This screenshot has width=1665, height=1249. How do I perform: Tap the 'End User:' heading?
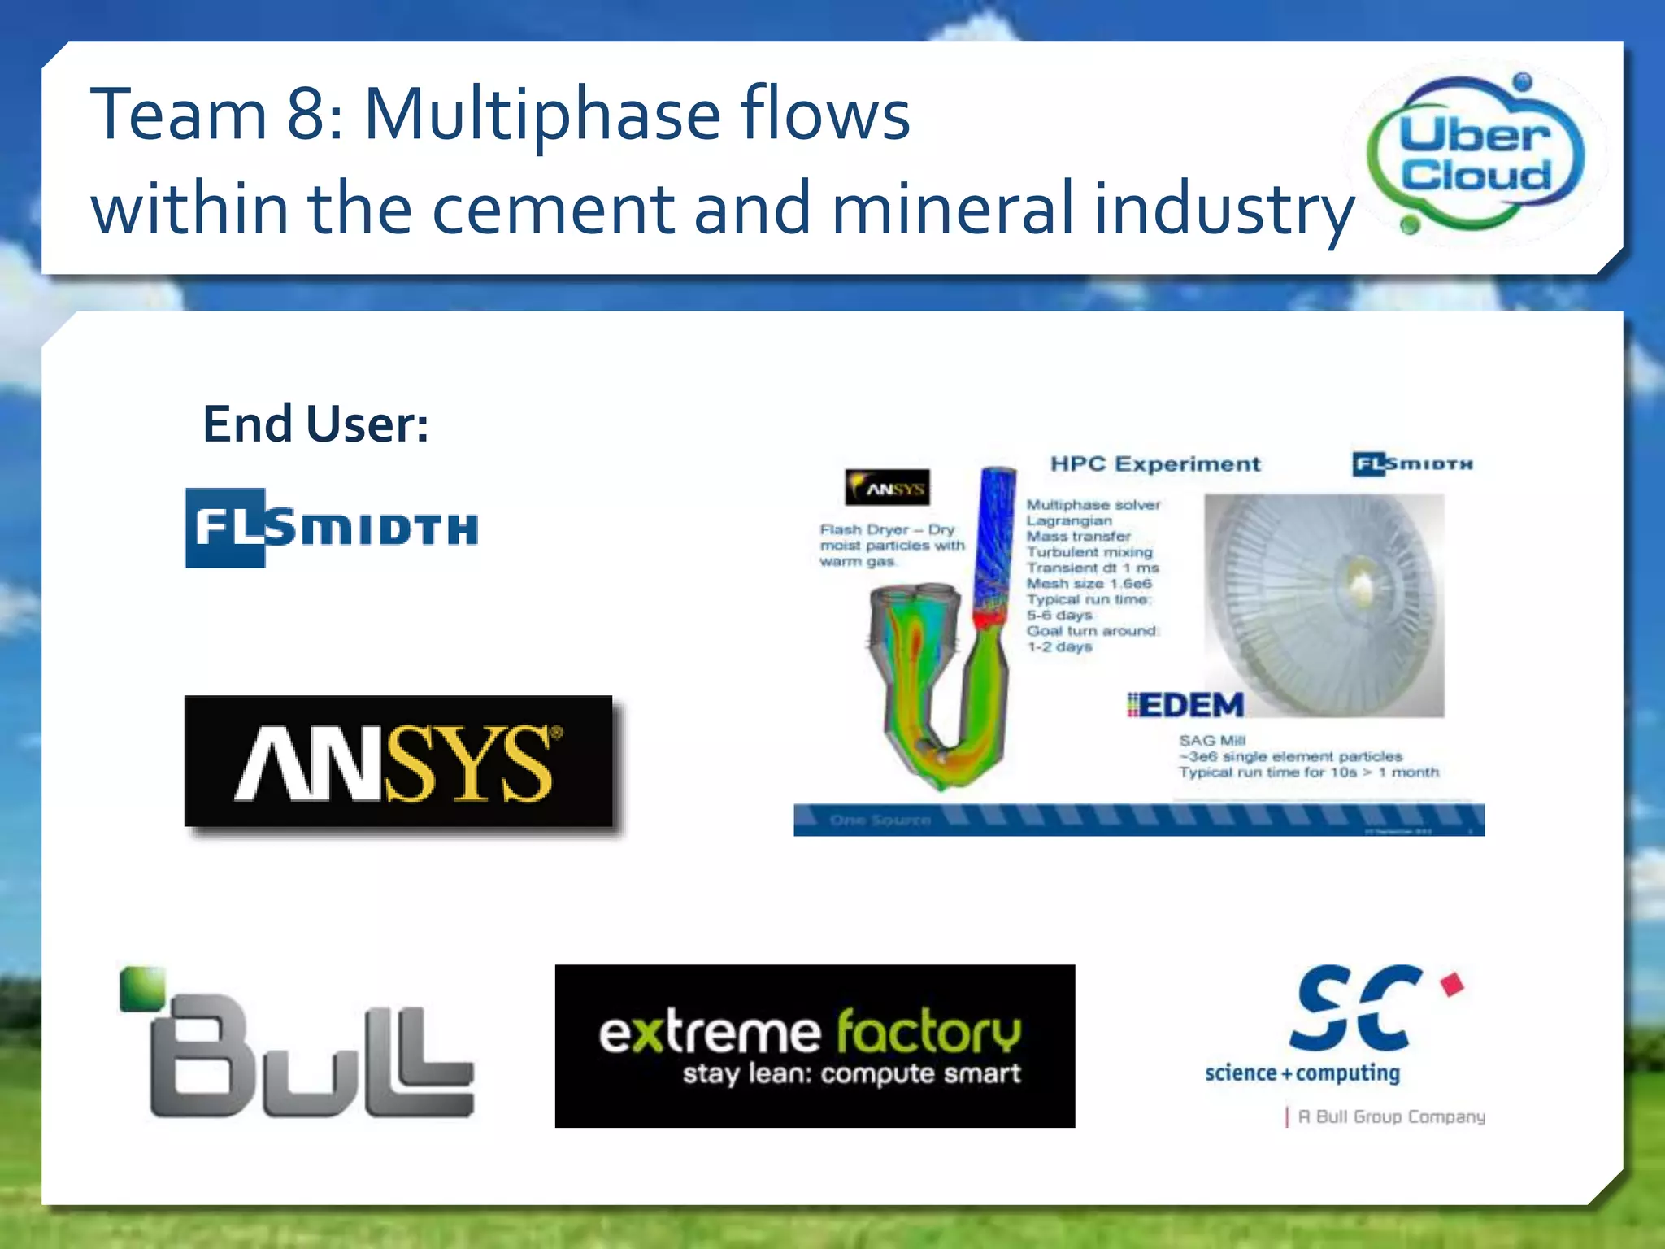(315, 424)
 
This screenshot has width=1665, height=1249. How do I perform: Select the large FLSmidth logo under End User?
(331, 528)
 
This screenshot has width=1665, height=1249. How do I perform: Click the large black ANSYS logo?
(398, 761)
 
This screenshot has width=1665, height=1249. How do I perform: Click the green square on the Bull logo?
(141, 988)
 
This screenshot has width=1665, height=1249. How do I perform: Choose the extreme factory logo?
(815, 1046)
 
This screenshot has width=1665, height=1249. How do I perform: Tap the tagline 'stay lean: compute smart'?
(851, 1074)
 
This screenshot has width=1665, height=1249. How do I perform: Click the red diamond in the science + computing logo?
(1452, 984)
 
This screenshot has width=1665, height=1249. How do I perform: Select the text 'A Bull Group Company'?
(1391, 1116)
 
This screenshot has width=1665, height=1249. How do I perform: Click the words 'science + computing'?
(1302, 1073)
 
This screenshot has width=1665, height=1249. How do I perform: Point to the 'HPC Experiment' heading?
(1155, 464)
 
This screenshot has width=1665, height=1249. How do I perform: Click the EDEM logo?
(1186, 705)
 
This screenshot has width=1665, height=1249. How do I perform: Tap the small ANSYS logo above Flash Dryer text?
(887, 488)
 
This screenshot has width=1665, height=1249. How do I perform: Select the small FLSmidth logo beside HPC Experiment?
(1412, 464)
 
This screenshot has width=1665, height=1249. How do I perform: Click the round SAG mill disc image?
(1324, 604)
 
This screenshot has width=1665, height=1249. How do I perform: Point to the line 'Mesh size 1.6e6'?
(1089, 584)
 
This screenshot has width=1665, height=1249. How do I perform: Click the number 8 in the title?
(306, 115)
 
